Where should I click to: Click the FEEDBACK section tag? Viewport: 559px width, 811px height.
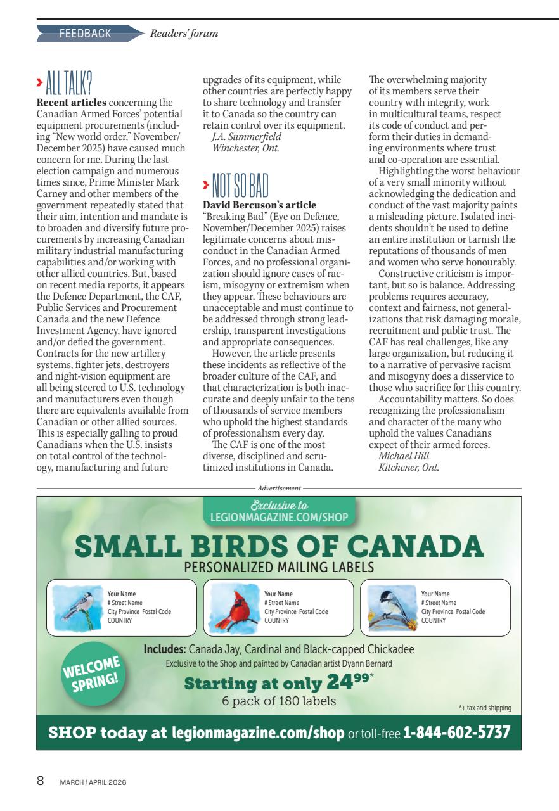pyautogui.click(x=85, y=34)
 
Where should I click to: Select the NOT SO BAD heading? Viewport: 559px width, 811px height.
pyautogui.click(x=236, y=186)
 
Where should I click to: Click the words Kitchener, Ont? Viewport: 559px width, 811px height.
pyautogui.click(x=408, y=468)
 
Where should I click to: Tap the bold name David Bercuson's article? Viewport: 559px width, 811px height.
pyautogui.click(x=259, y=206)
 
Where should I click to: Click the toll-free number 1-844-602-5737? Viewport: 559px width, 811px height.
pyautogui.click(x=456, y=733)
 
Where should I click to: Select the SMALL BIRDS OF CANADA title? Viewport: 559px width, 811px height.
pyautogui.click(x=279, y=546)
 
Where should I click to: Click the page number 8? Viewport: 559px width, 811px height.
pyautogui.click(x=41, y=781)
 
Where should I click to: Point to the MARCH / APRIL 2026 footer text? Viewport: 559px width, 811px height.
pyautogui.click(x=93, y=782)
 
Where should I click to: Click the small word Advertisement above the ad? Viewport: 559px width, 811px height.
pyautogui.click(x=279, y=489)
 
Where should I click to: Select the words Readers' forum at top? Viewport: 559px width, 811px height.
pyautogui.click(x=184, y=34)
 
